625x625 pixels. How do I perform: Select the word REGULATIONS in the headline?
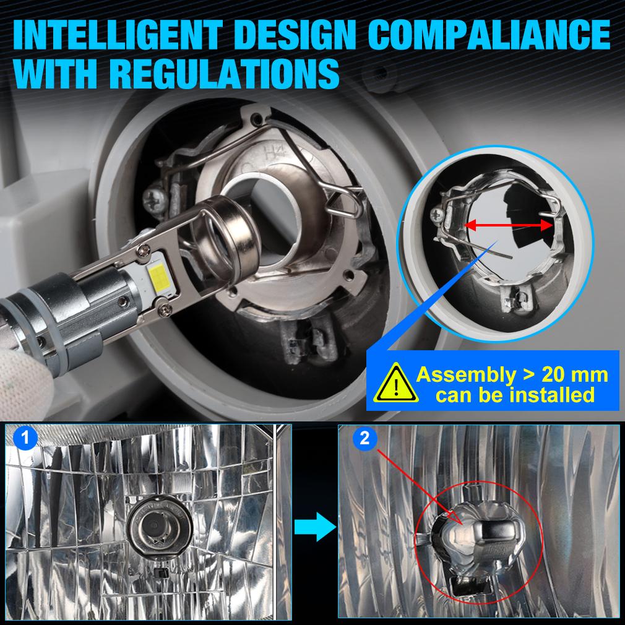coord(224,74)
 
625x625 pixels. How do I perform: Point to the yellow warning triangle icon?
coord(395,384)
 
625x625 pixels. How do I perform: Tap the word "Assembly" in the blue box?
coord(466,376)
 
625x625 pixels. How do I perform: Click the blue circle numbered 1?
coord(25,437)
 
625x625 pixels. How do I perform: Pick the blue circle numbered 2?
coord(364,438)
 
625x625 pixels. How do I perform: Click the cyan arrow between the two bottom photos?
coord(316,527)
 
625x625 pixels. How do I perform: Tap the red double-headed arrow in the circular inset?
coord(509,226)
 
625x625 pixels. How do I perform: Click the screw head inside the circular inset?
coord(437,215)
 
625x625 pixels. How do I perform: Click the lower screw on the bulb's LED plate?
coord(165,309)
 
